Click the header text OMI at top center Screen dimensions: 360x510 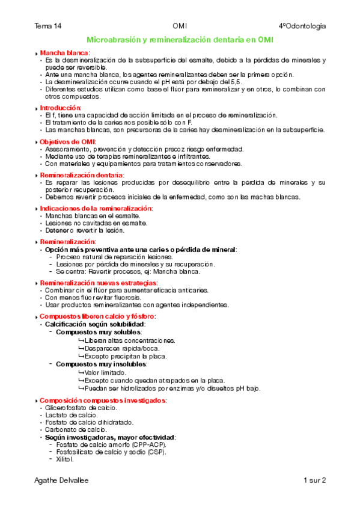(180, 26)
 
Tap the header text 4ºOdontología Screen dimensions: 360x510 (302, 26)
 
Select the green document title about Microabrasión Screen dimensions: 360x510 (179, 39)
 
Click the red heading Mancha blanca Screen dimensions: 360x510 (64, 53)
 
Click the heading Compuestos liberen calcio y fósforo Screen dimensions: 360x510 (97, 316)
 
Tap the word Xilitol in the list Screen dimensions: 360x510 (65, 459)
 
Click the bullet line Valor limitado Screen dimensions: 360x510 (106, 373)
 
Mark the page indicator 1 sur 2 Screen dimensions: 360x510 (314, 481)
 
